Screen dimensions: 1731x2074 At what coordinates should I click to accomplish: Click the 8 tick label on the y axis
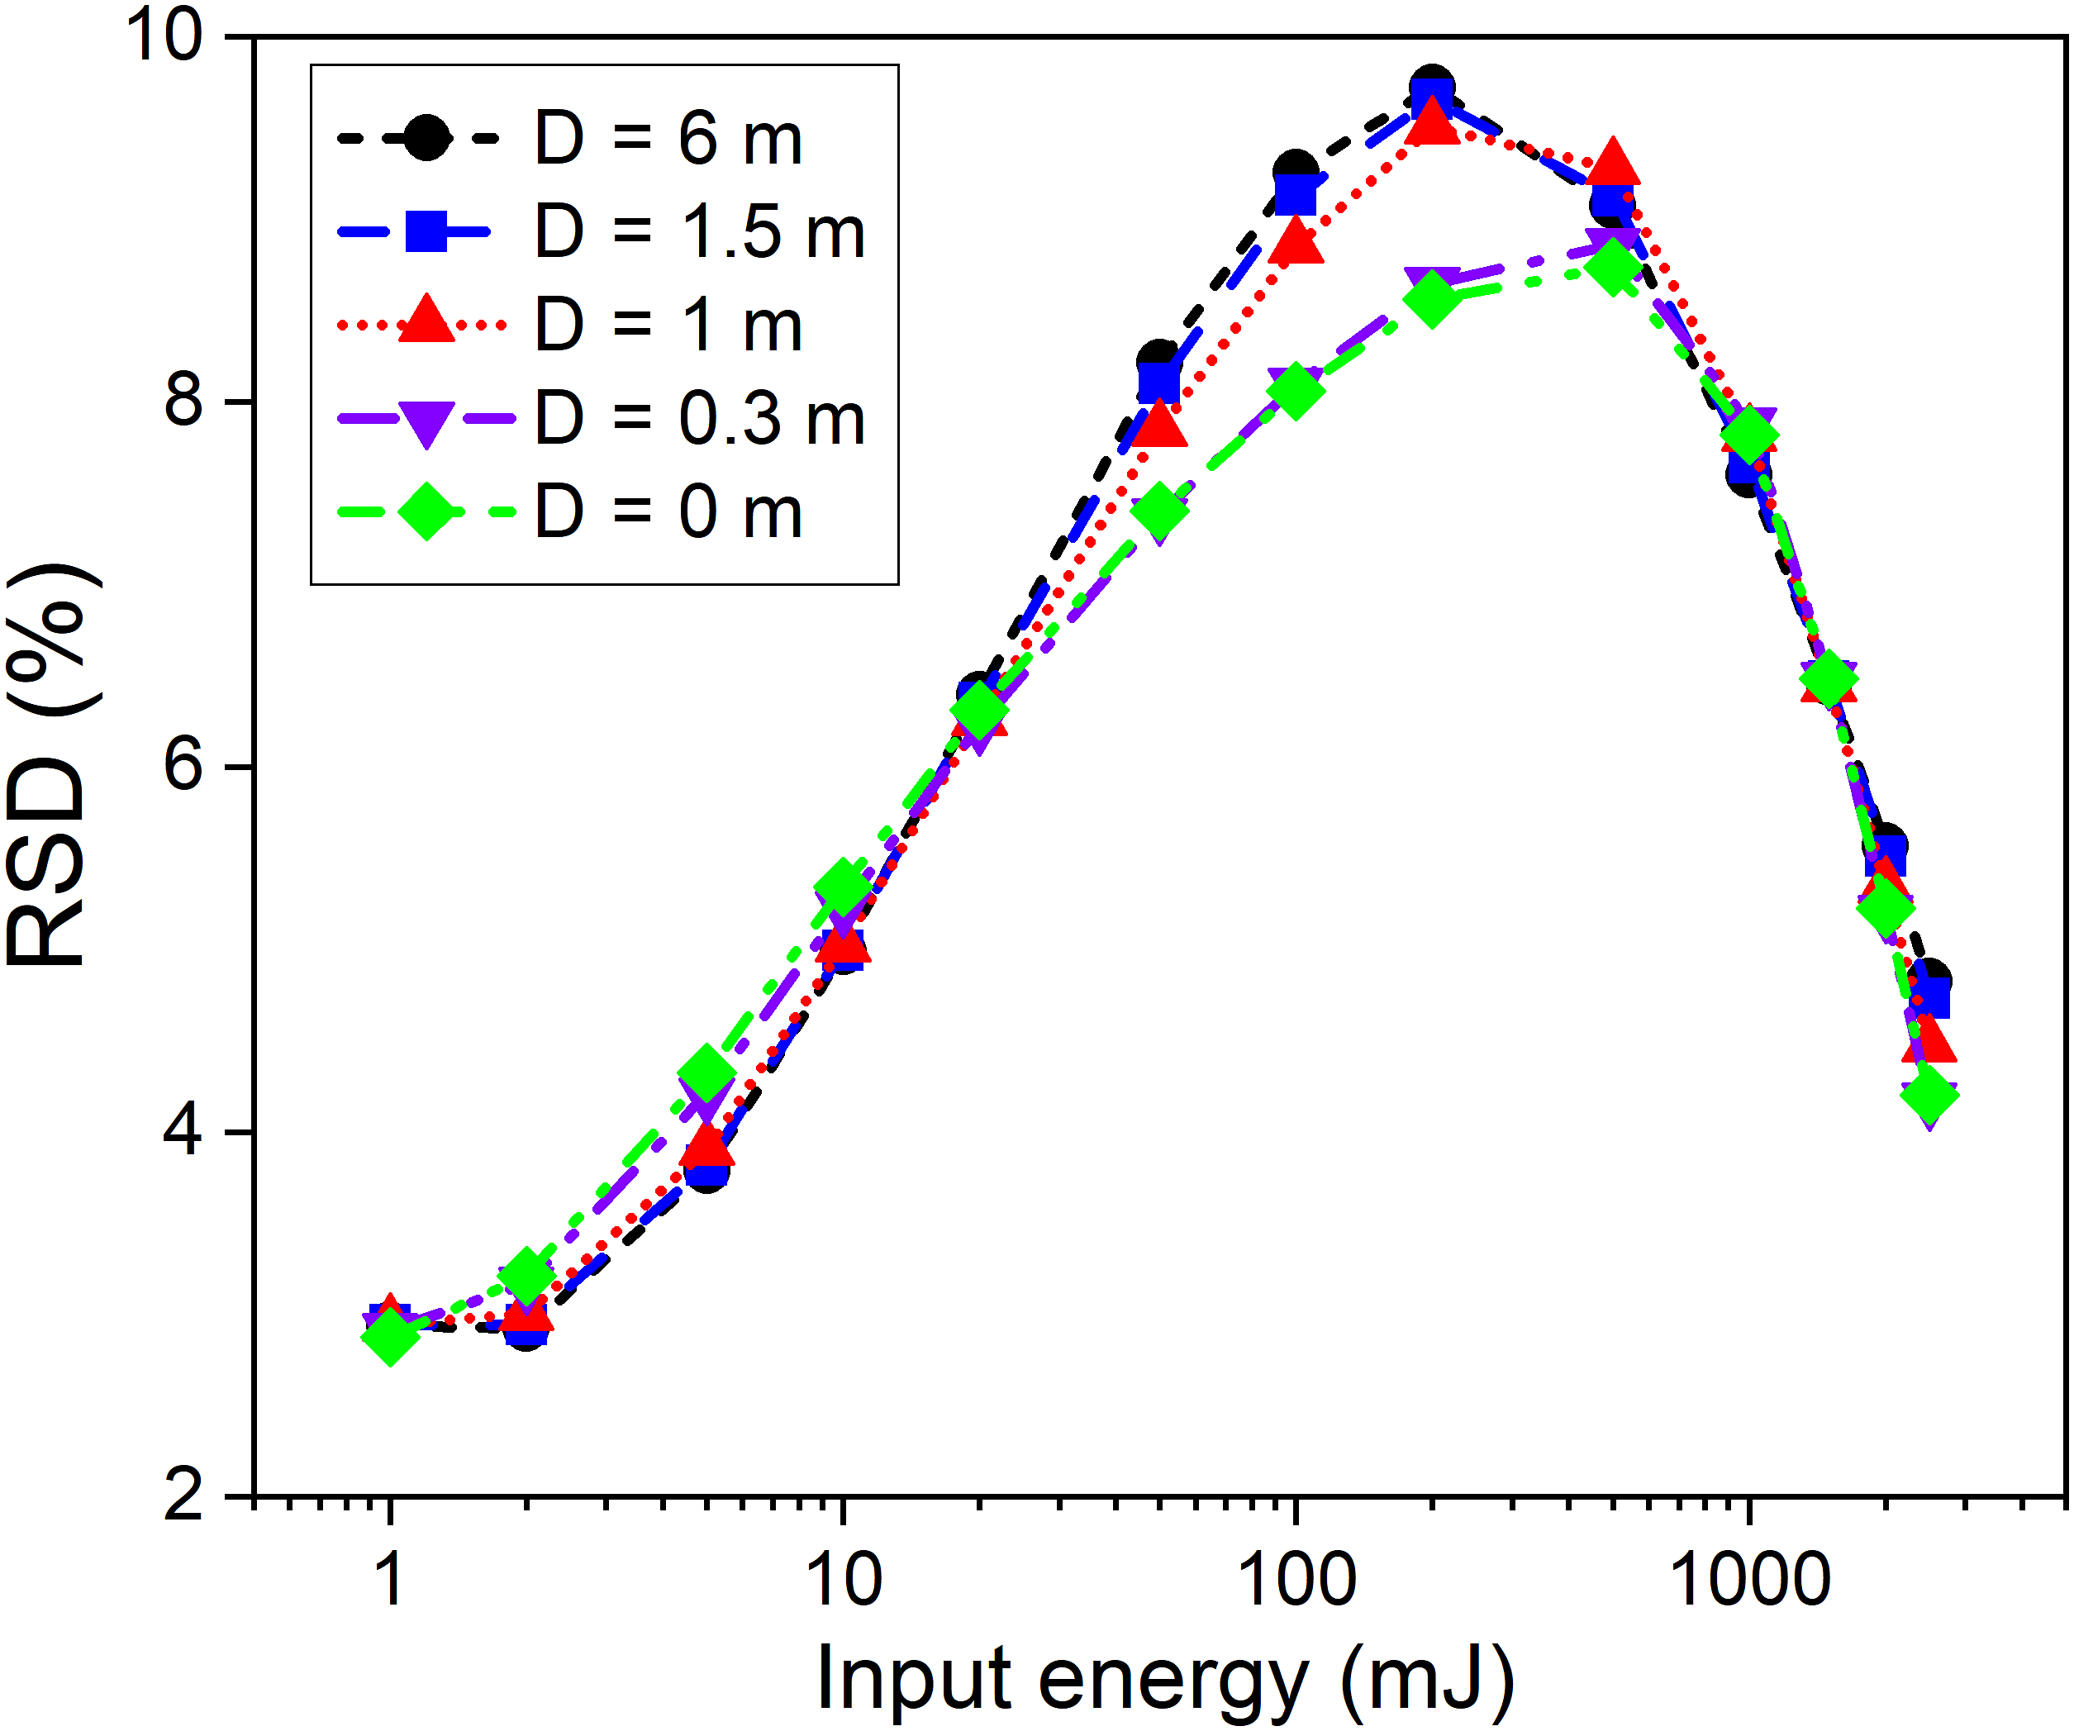183,402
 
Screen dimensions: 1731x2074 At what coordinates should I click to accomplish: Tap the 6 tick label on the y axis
183,766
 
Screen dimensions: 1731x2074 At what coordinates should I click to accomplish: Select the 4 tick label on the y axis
183,1132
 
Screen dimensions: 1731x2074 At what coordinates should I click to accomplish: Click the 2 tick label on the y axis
183,1496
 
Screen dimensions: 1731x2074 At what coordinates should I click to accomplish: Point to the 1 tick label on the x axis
391,1580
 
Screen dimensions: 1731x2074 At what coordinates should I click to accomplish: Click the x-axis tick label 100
1295,1580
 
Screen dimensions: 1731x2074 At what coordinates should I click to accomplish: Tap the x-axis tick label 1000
1749,1580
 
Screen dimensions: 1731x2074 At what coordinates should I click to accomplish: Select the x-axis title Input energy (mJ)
1165,1679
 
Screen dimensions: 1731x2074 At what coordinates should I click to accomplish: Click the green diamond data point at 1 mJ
390,1336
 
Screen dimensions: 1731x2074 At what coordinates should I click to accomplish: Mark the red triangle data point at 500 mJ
1613,164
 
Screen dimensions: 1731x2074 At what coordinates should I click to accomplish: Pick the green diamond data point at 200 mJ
1432,298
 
